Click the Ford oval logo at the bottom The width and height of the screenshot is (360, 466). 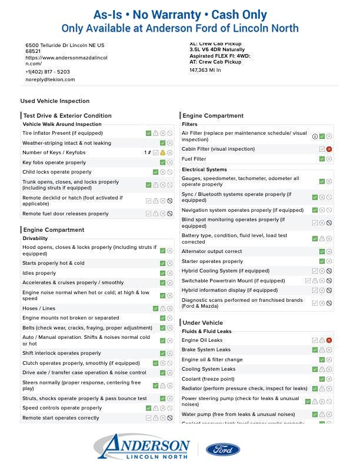pos(223,450)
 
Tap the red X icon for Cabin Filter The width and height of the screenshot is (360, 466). pos(329,149)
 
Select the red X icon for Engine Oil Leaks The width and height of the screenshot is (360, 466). pos(329,340)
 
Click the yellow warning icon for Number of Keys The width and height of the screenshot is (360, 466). pos(163,153)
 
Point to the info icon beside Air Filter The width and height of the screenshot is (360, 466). pos(315,137)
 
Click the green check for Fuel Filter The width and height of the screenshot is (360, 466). pos(322,159)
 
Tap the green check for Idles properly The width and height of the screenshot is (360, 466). pos(163,273)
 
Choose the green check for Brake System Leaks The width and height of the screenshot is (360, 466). pos(315,350)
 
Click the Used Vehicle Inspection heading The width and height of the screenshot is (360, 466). pos(55,101)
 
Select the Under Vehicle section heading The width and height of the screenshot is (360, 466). pos(203,322)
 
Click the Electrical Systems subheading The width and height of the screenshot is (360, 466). pos(204,169)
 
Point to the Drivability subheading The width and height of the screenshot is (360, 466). pos(35,238)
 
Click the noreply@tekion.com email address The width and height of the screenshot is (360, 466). pos(50,79)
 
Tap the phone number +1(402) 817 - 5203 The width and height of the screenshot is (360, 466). pos(48,72)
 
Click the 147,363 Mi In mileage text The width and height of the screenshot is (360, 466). pos(205,70)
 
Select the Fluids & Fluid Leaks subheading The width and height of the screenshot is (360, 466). pos(206,331)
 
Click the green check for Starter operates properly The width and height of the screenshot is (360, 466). pos(322,261)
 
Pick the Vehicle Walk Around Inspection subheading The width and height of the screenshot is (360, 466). pos(62,124)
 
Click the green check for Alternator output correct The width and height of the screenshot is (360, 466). pos(322,252)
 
